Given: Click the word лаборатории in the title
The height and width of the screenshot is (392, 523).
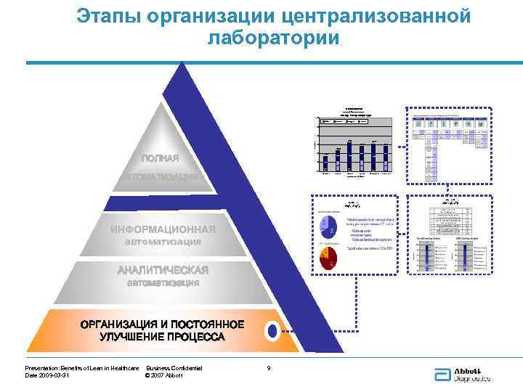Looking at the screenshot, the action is [x=273, y=37].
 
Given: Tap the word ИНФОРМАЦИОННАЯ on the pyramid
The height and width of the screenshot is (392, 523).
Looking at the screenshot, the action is [x=163, y=229].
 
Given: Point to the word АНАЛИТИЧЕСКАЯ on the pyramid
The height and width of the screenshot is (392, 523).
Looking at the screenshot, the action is [x=163, y=270].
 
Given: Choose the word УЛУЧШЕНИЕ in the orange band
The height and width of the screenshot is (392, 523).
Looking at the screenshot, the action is [x=135, y=337].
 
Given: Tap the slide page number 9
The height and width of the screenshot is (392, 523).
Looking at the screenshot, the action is [x=269, y=368].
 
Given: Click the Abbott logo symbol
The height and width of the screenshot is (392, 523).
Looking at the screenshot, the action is [x=441, y=373].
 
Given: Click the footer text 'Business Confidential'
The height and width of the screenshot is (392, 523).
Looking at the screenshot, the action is [x=174, y=368].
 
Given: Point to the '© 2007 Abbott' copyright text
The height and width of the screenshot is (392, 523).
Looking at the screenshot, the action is [x=163, y=375].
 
